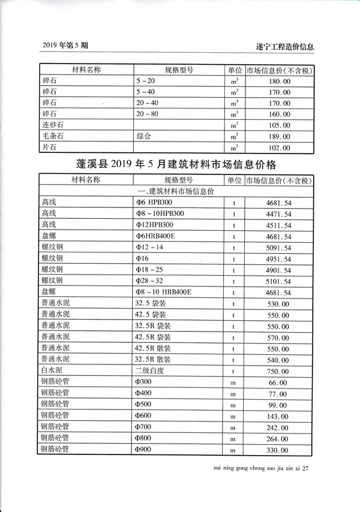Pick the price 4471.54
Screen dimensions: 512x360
pyautogui.click(x=277, y=213)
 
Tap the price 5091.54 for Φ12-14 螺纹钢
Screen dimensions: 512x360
pyautogui.click(x=277, y=247)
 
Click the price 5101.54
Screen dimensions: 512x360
pyautogui.click(x=277, y=281)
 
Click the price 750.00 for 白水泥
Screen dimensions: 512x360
pyautogui.click(x=277, y=371)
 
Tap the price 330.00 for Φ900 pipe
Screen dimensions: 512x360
pyautogui.click(x=277, y=449)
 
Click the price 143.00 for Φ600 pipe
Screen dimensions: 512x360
pyautogui.click(x=277, y=415)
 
